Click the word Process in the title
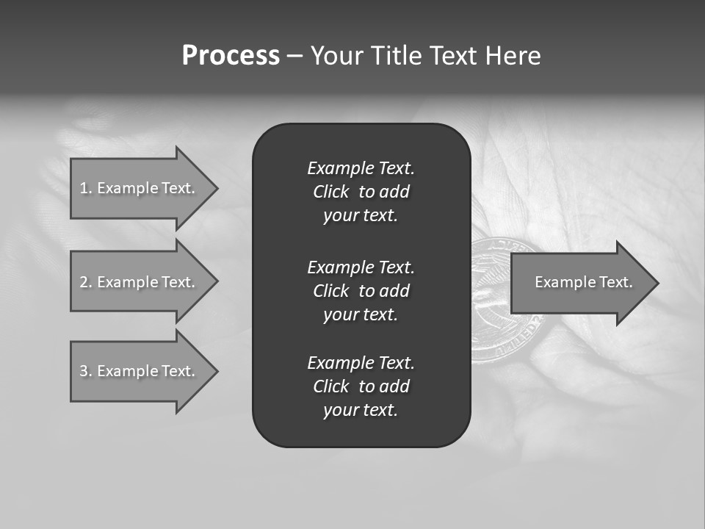231,56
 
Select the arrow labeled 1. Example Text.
140,188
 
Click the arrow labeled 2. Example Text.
140,282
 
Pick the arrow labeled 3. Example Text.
140,371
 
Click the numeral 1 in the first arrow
84,188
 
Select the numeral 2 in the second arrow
84,282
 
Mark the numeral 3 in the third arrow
84,371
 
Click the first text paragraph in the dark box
361,192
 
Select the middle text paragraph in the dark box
361,291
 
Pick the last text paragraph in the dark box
361,386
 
